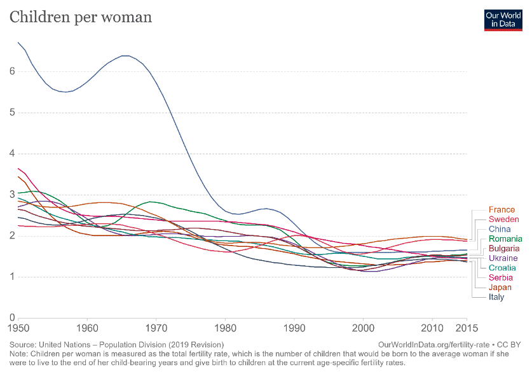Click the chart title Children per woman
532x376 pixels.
coord(81,17)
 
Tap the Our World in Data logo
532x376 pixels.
coord(503,20)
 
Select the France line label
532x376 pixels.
coord(501,209)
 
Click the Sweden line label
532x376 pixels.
coord(503,219)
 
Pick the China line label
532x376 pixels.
coord(500,229)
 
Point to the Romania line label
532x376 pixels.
coord(505,239)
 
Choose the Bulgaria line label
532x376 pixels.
coord(504,248)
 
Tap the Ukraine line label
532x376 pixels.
coord(503,258)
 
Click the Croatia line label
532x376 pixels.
coord(502,268)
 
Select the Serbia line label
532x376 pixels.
coord(500,277)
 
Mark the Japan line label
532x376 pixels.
coord(500,288)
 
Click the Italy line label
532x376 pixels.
coord(496,297)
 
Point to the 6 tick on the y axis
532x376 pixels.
coord(12,71)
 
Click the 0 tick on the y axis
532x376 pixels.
coord(12,317)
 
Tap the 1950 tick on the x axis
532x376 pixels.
coord(18,328)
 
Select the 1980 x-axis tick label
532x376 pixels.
coord(225,328)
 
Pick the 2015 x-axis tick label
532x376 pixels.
coord(467,328)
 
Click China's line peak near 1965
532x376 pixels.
coord(126,56)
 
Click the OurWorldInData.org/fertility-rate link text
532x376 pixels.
coord(433,345)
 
